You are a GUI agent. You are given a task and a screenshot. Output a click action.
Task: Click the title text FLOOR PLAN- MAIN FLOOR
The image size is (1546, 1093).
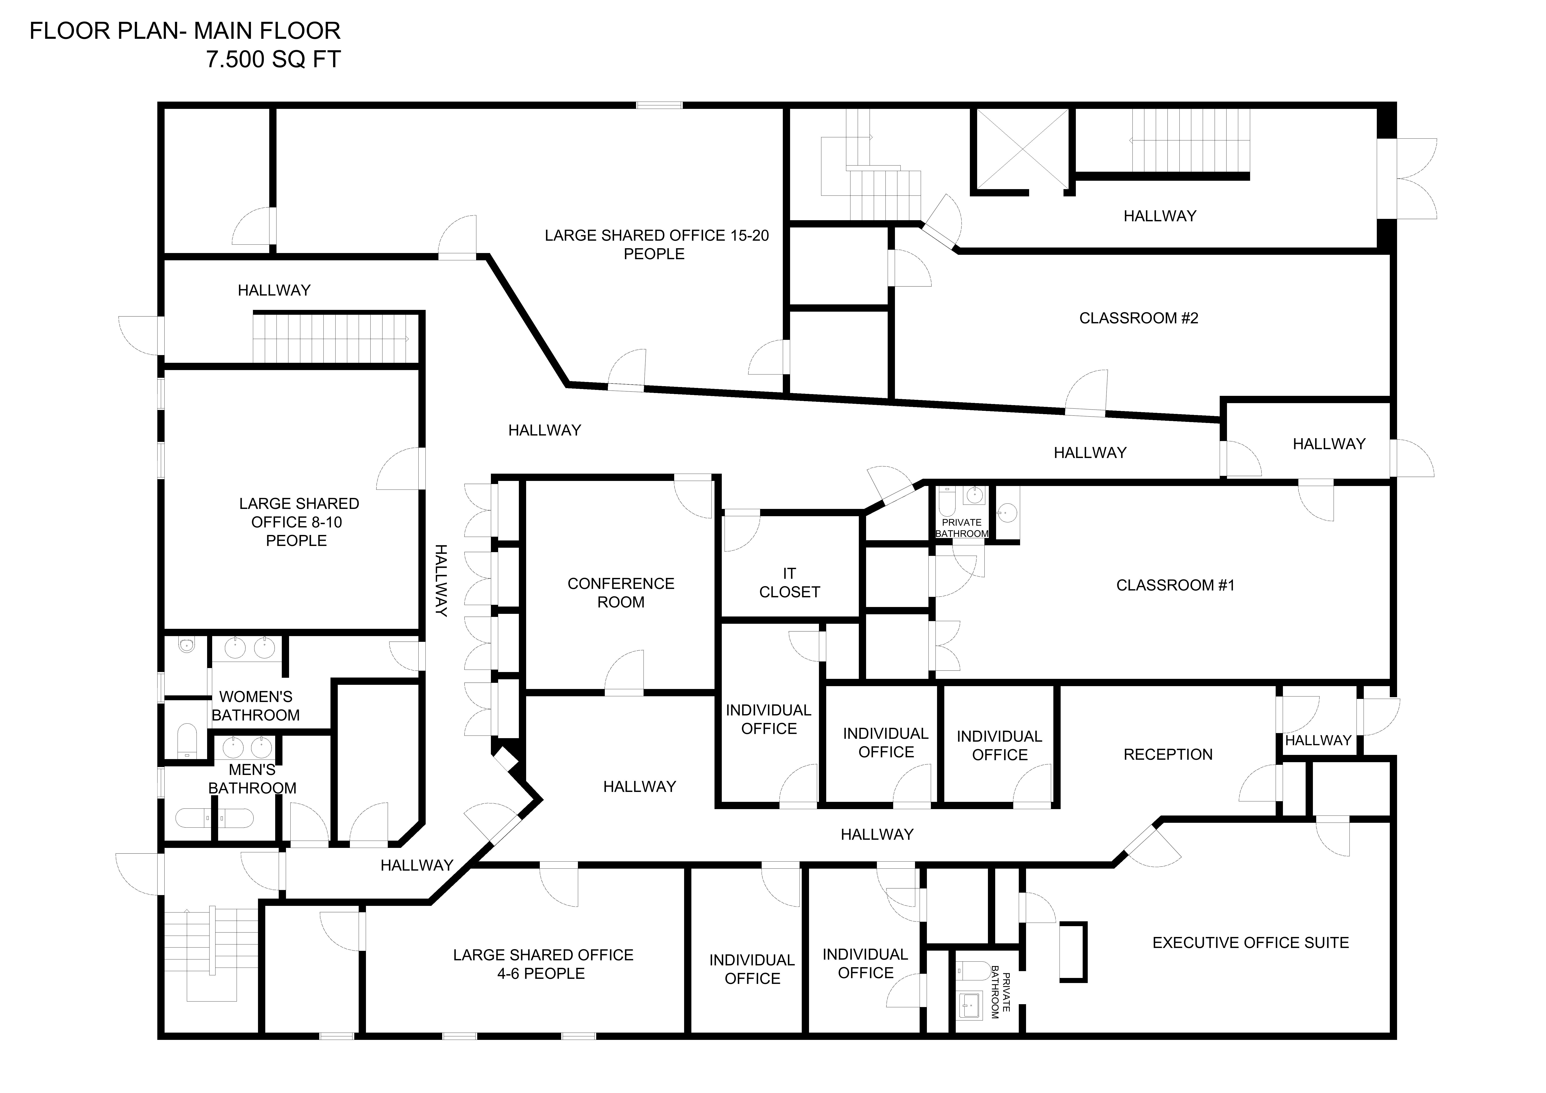[185, 31]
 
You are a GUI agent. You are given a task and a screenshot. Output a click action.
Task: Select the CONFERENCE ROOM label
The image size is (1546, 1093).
[621, 593]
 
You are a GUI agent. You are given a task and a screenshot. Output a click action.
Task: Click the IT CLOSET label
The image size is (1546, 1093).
[789, 583]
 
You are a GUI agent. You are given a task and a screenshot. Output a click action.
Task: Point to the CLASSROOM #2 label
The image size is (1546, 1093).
[1139, 318]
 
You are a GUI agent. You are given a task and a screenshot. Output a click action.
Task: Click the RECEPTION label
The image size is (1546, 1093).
[1167, 754]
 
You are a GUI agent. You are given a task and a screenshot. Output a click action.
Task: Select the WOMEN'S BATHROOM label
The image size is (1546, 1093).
[256, 706]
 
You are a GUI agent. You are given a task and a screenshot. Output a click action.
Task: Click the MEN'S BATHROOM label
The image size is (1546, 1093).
[252, 778]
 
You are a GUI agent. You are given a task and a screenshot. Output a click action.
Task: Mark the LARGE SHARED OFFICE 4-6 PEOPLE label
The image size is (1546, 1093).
[543, 964]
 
